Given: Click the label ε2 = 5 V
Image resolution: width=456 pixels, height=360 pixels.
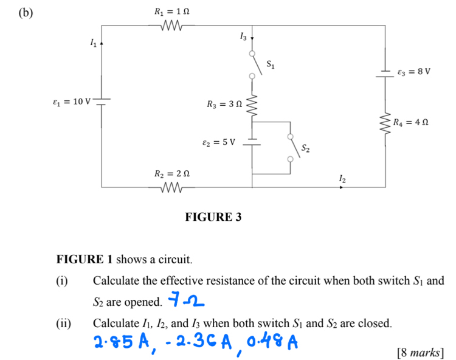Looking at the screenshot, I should point(219,142).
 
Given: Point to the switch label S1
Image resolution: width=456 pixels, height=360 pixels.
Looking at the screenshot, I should point(271,64).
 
